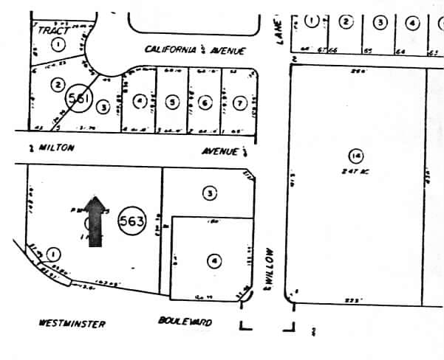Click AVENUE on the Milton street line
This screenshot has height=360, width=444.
coord(222,151)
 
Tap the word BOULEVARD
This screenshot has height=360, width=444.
coord(185,322)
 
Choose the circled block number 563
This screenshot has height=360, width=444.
coord(134,220)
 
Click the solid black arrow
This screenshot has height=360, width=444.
coord(95,221)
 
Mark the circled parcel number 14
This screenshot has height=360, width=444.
coord(356,156)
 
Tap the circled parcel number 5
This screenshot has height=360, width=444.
coord(172,103)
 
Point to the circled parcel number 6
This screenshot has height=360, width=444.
coord(205,103)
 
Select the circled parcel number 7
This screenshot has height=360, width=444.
coord(239,103)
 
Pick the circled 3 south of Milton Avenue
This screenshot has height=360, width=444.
coord(210,193)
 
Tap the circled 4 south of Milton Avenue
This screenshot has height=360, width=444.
coord(214,260)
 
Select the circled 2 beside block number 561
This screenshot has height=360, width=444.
coord(57,84)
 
